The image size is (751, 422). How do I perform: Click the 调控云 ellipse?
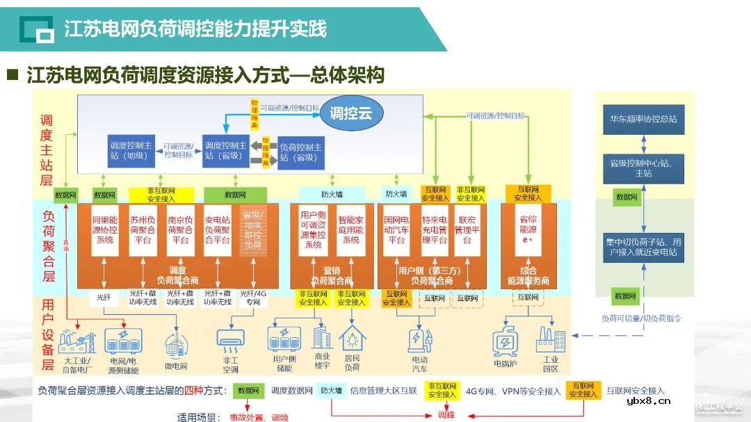(350, 113)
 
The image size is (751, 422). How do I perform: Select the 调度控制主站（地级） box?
(131, 151)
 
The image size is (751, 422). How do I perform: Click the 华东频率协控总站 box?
(643, 119)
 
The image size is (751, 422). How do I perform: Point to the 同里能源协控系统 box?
(104, 229)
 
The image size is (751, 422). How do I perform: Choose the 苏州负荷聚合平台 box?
(142, 229)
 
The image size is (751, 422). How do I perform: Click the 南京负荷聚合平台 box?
(179, 229)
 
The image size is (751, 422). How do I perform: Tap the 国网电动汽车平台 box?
(396, 229)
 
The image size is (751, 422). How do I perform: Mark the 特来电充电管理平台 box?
(434, 229)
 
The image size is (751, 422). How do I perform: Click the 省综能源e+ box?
(528, 229)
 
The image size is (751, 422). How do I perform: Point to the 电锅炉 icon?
(505, 342)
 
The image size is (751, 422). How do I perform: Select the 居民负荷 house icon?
(353, 338)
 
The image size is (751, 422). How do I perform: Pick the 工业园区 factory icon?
(550, 340)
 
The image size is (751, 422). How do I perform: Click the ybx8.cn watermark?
(648, 401)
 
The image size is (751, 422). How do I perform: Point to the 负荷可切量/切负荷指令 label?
(641, 318)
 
